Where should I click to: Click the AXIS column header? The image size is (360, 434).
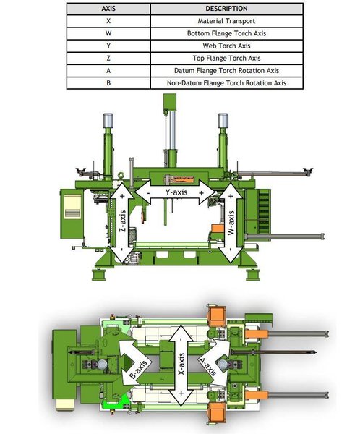[x=108, y=9]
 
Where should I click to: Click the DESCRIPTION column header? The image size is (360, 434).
[x=226, y=9]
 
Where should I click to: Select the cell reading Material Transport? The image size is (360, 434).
[x=226, y=22]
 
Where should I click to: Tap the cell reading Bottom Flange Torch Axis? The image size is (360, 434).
[x=226, y=34]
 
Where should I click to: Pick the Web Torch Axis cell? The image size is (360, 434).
[x=226, y=46]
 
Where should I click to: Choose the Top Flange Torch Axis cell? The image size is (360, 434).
[x=226, y=59]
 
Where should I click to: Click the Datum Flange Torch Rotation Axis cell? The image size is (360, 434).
[x=226, y=71]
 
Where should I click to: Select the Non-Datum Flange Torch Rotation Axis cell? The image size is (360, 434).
[x=226, y=83]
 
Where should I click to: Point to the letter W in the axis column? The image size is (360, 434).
[x=108, y=34]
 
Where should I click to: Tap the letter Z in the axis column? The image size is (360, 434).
[x=108, y=59]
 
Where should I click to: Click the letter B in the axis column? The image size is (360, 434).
[x=108, y=83]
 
